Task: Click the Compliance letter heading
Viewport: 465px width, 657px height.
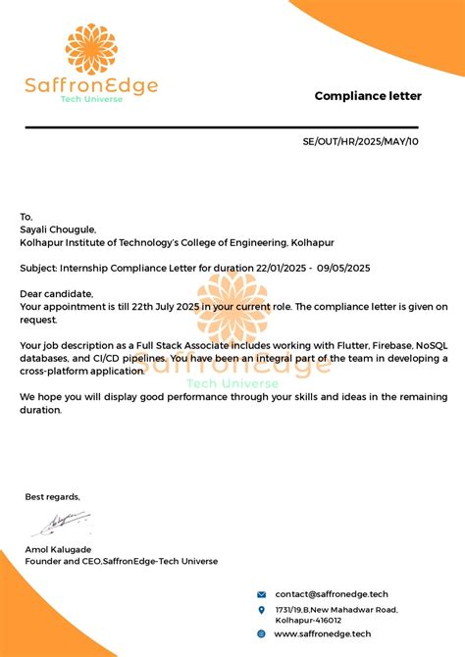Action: [368, 96]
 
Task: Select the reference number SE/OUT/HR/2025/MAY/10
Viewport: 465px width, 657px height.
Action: [360, 142]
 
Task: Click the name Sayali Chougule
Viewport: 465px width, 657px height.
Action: [58, 229]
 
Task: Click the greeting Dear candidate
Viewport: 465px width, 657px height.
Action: [56, 294]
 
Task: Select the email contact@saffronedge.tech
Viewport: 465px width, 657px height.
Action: [332, 594]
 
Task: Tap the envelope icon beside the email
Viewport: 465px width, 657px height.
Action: [262, 594]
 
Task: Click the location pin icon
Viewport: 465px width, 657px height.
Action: [262, 611]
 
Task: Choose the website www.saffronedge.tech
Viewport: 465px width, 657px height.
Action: [323, 633]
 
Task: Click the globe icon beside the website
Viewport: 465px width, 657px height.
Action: [262, 633]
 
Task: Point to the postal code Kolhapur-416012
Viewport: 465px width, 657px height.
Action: [308, 621]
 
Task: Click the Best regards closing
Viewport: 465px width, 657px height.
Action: [52, 497]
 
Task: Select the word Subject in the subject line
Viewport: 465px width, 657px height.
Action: [38, 269]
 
